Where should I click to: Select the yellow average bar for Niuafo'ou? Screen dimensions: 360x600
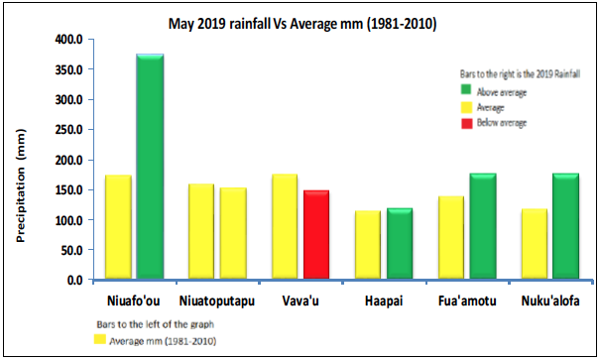pyautogui.click(x=118, y=227)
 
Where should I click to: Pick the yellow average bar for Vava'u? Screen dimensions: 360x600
pyautogui.click(x=285, y=227)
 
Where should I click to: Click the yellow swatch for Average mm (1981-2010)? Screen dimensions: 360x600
pyautogui.click(x=99, y=340)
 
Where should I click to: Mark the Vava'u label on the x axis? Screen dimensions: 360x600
pyautogui.click(x=300, y=300)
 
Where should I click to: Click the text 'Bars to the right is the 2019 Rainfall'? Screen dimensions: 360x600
pyautogui.click(x=513, y=73)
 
